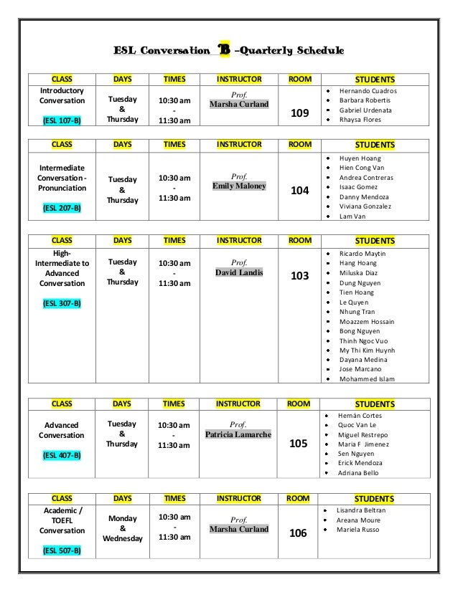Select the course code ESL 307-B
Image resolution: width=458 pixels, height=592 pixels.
click(x=61, y=303)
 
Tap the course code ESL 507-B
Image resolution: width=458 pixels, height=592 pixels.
click(x=61, y=550)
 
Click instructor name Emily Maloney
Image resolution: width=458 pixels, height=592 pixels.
click(x=239, y=186)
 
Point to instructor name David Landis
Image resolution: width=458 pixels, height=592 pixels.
click(x=239, y=272)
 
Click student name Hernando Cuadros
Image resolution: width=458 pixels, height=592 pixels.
click(x=368, y=92)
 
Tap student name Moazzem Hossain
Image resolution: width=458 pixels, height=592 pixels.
click(x=367, y=322)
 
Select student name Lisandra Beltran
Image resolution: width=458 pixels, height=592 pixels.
click(x=361, y=510)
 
